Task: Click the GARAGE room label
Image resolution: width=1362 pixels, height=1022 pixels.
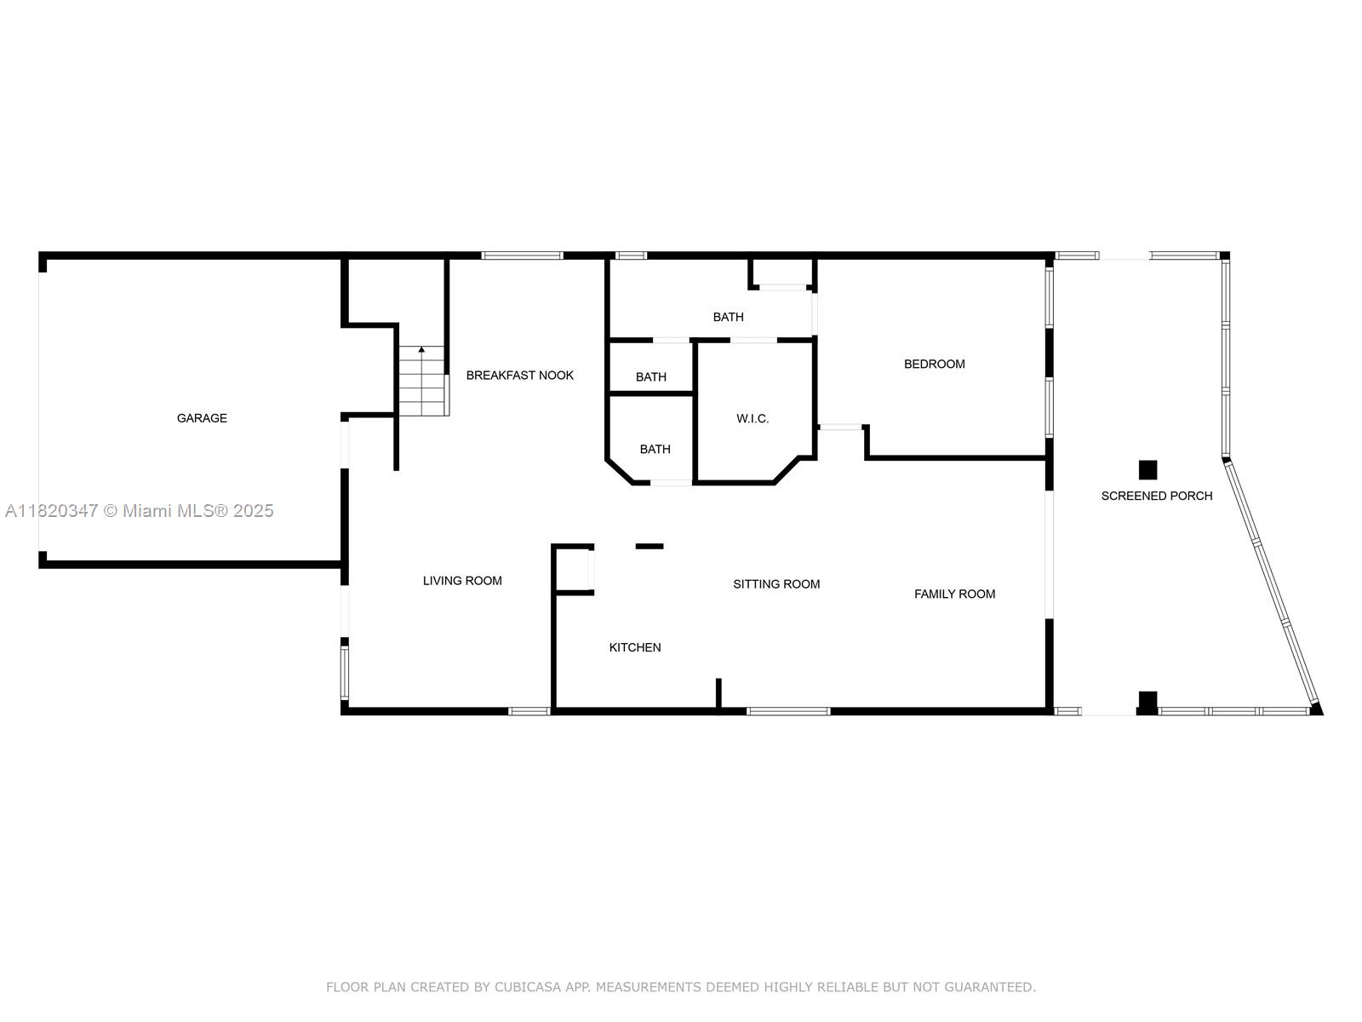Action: pyautogui.click(x=202, y=418)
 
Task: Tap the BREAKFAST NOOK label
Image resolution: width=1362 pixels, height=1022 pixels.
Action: pyautogui.click(x=519, y=376)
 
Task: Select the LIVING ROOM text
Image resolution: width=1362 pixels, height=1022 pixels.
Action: pyautogui.click(x=462, y=581)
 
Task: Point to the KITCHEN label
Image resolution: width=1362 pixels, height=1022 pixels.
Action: pyautogui.click(x=635, y=648)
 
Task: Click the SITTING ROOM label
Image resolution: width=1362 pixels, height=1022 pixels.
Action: pyautogui.click(x=776, y=584)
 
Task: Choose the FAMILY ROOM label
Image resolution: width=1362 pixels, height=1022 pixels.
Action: pyautogui.click(x=954, y=594)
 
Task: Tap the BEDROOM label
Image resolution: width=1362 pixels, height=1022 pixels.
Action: pyautogui.click(x=934, y=365)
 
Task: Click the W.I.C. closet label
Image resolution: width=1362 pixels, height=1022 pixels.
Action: pyautogui.click(x=753, y=419)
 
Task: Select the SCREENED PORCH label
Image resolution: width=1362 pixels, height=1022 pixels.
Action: pyautogui.click(x=1156, y=496)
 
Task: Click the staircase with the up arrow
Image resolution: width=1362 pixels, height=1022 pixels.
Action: pyautogui.click(x=422, y=383)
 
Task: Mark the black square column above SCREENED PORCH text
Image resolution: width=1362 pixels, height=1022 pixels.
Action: pyautogui.click(x=1147, y=470)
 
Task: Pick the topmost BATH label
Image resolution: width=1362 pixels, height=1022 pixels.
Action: pyautogui.click(x=728, y=317)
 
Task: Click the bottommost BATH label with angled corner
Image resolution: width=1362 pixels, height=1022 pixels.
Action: pyautogui.click(x=655, y=450)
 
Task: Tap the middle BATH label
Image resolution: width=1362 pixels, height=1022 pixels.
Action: pyautogui.click(x=650, y=377)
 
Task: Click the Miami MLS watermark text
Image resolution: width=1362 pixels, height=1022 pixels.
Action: pyautogui.click(x=140, y=511)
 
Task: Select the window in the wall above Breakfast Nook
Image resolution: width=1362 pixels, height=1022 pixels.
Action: pyautogui.click(x=522, y=255)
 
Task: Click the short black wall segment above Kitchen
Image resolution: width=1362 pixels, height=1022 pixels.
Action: pyautogui.click(x=650, y=546)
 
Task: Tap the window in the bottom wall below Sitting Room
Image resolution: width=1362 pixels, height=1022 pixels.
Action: pyautogui.click(x=788, y=711)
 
